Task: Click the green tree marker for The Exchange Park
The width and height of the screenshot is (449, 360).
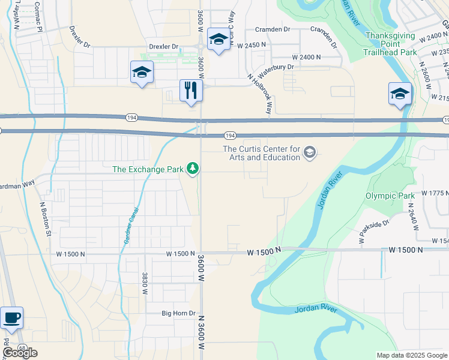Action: click(193, 169)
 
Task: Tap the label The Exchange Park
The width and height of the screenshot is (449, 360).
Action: click(148, 169)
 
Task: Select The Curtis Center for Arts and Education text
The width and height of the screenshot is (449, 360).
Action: click(261, 153)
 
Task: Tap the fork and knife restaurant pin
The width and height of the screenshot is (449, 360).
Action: click(191, 91)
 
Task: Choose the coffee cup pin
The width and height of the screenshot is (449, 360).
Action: click(11, 317)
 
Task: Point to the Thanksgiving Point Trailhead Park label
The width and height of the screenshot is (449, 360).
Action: click(390, 44)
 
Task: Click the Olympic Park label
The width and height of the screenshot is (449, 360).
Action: click(390, 196)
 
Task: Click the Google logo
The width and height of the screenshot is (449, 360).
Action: click(20, 353)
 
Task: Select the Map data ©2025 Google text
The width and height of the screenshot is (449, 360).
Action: click(411, 355)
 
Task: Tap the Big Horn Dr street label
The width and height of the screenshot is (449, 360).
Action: click(179, 313)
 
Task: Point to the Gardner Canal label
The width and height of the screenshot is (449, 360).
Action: click(131, 225)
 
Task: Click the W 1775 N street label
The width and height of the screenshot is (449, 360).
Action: click(435, 193)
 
